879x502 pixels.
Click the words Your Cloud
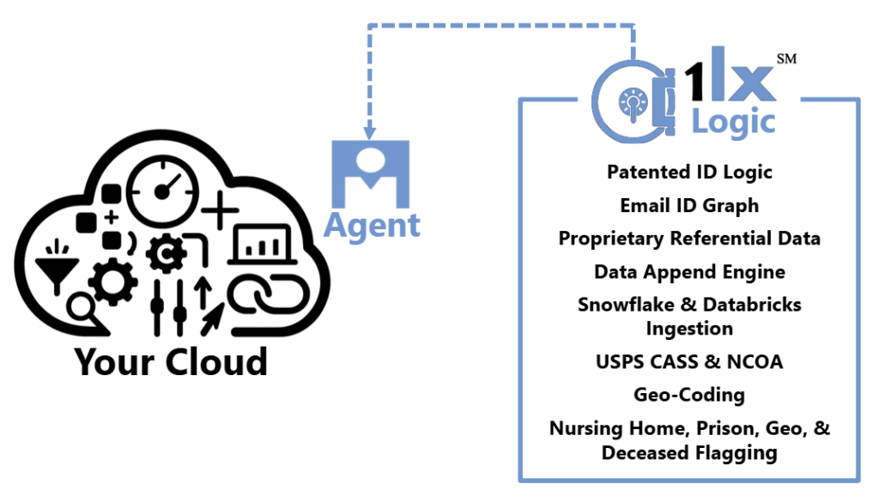tap(171, 361)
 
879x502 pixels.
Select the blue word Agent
tap(372, 225)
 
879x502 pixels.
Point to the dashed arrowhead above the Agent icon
tap(371, 132)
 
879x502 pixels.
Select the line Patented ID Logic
tap(689, 172)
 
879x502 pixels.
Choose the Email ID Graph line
tap(689, 205)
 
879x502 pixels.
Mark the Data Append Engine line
tap(689, 272)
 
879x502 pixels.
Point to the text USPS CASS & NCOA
tap(689, 361)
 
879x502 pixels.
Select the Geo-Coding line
tap(689, 395)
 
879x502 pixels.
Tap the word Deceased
tap(643, 452)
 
